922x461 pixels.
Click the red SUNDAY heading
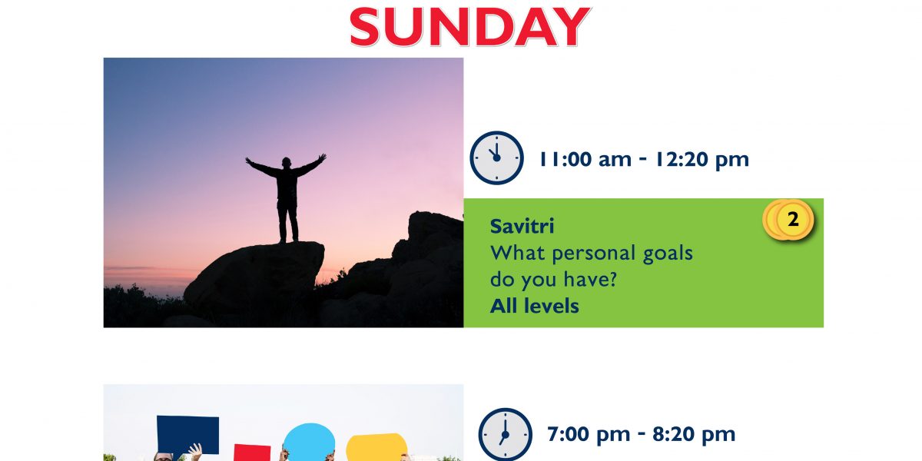point(470,27)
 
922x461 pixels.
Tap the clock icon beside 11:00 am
point(496,158)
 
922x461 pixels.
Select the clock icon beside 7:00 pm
point(505,434)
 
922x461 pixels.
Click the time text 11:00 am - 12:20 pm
point(644,160)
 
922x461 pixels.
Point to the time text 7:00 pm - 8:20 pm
point(641,434)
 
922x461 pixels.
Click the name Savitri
point(522,227)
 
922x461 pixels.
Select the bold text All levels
point(534,307)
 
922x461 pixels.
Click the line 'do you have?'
point(553,280)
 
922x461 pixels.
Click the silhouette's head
point(286,162)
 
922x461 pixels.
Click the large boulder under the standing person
point(254,279)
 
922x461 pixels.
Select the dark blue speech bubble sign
point(187,435)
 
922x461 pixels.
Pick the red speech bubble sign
point(252,453)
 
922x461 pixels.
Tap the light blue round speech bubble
point(309,443)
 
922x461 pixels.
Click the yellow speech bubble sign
point(376,447)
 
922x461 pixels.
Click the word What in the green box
point(518,253)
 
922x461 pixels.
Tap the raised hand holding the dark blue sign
point(195,452)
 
